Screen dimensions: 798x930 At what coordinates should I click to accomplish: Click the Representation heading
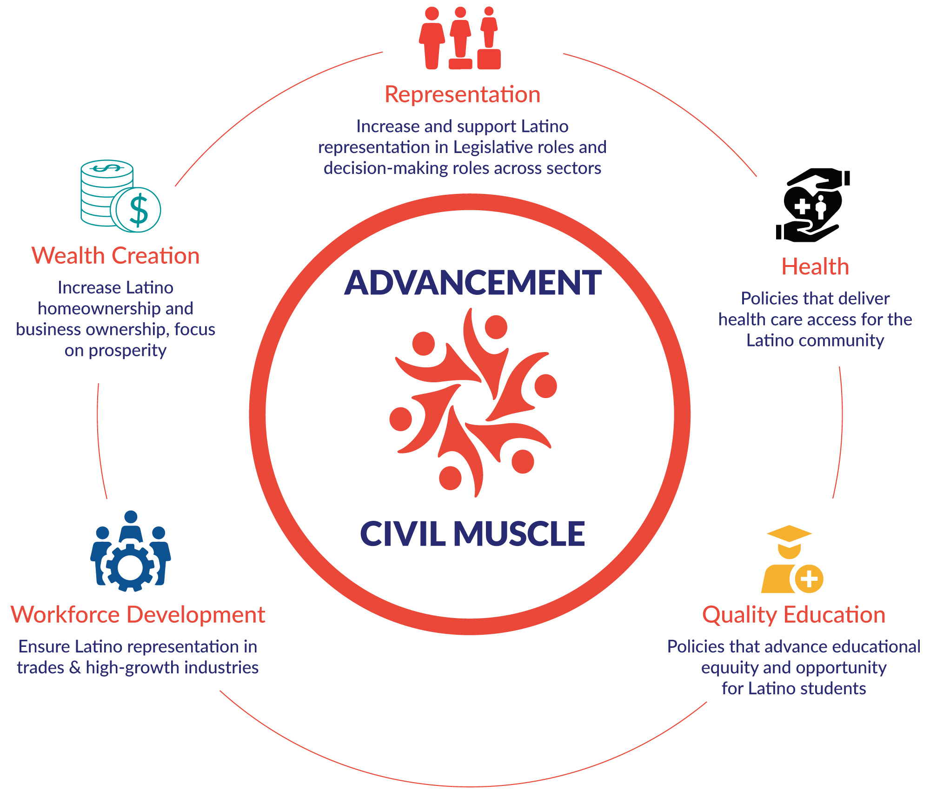coord(462,94)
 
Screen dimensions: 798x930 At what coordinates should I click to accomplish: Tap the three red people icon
coord(460,38)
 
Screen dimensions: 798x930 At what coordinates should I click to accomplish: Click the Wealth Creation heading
coord(115,256)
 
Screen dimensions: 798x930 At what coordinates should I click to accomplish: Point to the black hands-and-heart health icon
coord(812,205)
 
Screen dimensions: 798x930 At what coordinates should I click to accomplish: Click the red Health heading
coord(815,267)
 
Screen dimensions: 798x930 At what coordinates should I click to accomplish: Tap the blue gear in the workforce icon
coord(130,568)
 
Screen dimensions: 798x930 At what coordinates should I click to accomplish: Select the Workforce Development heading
coord(138,615)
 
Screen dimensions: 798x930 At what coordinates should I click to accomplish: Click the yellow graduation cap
coord(789,533)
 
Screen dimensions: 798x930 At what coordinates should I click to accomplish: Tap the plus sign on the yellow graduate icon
coord(809,579)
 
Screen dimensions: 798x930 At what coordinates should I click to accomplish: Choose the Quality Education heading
coord(793,615)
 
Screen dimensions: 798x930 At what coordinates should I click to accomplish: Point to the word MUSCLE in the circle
coord(519,534)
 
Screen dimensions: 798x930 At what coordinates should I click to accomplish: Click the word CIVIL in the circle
coord(403,534)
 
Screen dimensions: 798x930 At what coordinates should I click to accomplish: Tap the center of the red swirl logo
coord(472,403)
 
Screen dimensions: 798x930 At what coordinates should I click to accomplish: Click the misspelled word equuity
coord(730,668)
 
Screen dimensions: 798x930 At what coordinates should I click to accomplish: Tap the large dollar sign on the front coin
coord(139,210)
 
